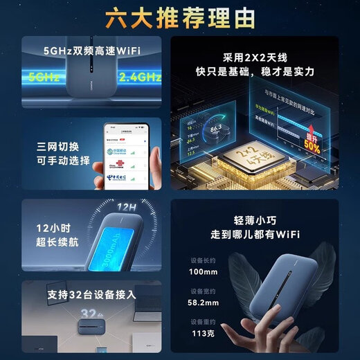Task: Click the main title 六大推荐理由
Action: point(179,17)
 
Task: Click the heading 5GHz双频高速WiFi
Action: point(92,50)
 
